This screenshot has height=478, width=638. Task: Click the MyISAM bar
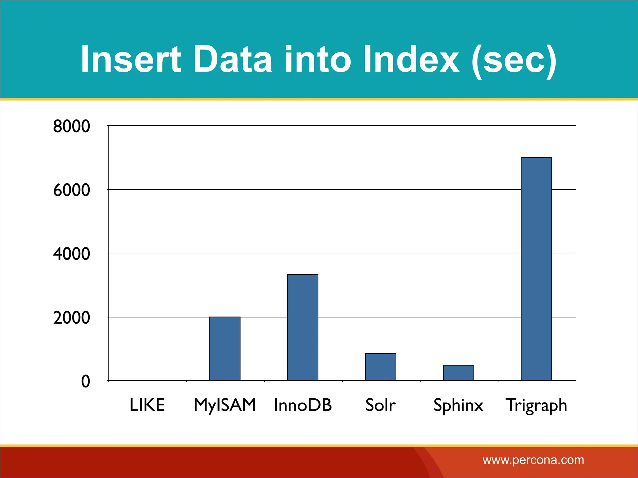(225, 349)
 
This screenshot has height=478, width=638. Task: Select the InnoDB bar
(302, 327)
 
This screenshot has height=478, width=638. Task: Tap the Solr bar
(380, 367)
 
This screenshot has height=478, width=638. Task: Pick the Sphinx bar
(458, 373)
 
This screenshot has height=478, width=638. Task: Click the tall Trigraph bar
(536, 269)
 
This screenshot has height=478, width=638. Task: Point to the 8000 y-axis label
(71, 126)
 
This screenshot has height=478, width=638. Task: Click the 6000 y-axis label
(71, 190)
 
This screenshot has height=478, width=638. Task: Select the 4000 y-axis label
(71, 254)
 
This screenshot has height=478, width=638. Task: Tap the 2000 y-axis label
(71, 318)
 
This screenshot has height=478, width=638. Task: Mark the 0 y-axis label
(85, 382)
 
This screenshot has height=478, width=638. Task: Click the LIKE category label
(147, 405)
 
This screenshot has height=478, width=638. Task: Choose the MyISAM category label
(225, 405)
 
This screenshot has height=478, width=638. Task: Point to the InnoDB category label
(302, 405)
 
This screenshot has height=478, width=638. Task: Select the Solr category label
(380, 405)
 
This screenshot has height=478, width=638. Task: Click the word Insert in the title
(131, 59)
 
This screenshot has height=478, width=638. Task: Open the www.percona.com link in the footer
(533, 460)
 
